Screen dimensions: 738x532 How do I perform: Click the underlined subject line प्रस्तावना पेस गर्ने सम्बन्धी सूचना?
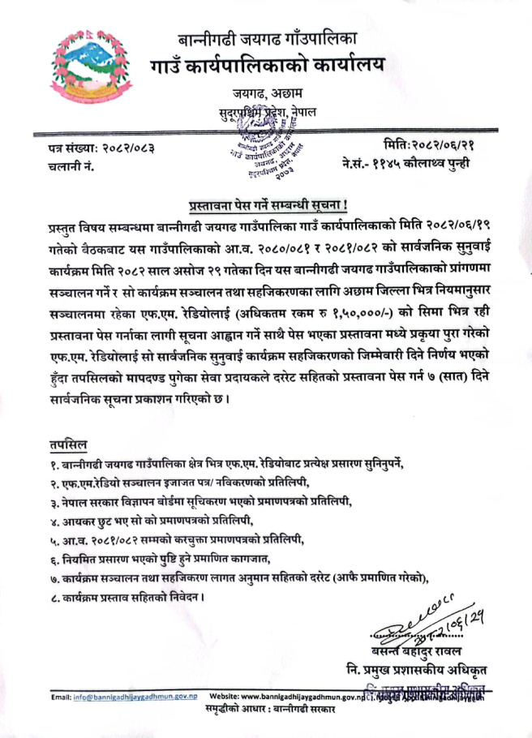point(265,204)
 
